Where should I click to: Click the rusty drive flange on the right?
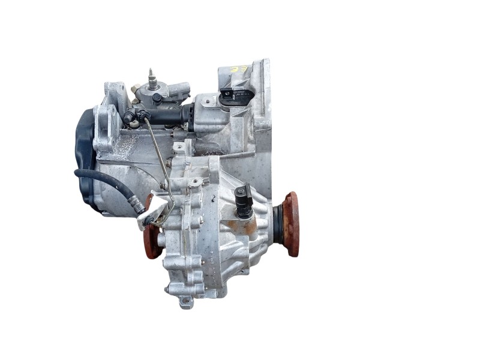pyautogui.click(x=291, y=223)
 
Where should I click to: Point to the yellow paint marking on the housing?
pyautogui.click(x=238, y=71)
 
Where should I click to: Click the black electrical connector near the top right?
pyautogui.click(x=230, y=97)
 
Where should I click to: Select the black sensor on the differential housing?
pyautogui.click(x=243, y=201)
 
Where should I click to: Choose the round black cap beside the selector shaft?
pyautogui.click(x=157, y=97)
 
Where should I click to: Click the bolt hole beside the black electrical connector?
pyautogui.click(x=207, y=103)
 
